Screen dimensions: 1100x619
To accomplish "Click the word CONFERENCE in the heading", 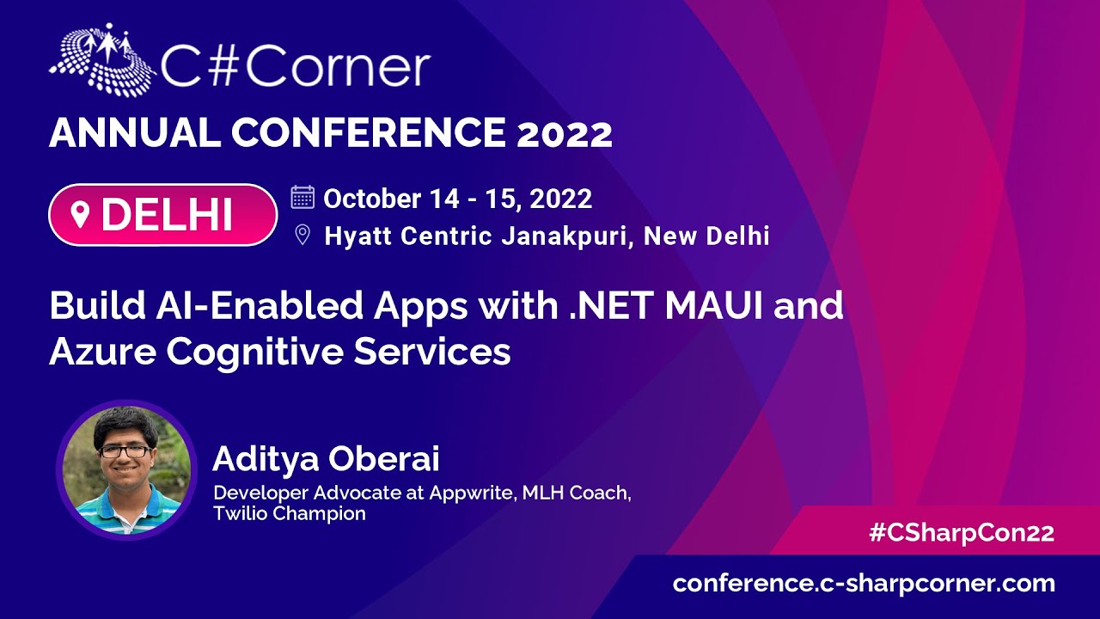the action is pos(369,132).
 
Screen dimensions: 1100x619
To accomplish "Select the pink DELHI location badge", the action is pos(163,215).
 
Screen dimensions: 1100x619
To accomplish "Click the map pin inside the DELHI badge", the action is pos(80,215).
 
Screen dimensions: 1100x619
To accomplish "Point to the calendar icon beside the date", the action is pos(302,198).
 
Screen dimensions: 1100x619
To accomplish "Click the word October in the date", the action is pos(372,199).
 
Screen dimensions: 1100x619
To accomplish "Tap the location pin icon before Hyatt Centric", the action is pos(302,235).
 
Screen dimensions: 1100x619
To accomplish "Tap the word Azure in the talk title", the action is pos(102,352).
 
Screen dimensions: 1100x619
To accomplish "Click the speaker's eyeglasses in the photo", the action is pos(125,451).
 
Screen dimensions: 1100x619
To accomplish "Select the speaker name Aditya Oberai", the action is pos(326,459).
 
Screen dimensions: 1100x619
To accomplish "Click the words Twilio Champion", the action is pos(290,514).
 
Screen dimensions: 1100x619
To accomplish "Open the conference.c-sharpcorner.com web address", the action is pos(864,584).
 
